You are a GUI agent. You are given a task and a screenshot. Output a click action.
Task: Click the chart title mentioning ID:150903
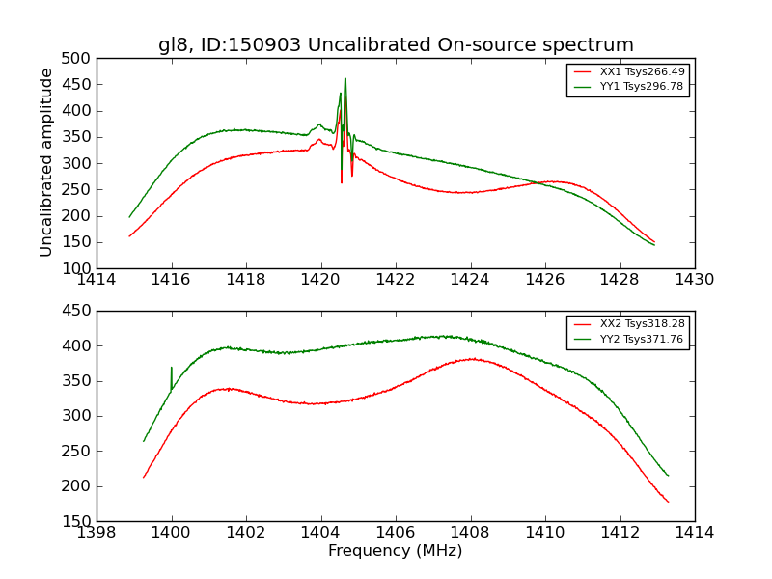tap(396, 45)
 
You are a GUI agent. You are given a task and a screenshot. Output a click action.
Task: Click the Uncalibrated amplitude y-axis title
tap(46, 162)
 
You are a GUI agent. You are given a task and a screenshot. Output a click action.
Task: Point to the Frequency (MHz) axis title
tap(396, 552)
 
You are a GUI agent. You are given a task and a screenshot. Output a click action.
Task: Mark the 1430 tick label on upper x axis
tap(694, 281)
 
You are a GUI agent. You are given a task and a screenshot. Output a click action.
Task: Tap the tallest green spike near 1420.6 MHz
tap(345, 79)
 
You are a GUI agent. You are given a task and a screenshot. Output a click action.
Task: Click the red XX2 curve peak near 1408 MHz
tap(472, 359)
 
